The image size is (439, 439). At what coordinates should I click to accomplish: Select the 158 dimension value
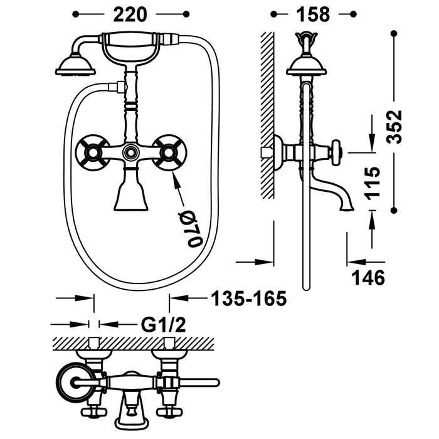(309, 14)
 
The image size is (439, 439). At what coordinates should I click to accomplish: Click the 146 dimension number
(366, 277)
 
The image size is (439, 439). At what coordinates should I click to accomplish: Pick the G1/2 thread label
(162, 325)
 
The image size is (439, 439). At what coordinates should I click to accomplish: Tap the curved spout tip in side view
(345, 204)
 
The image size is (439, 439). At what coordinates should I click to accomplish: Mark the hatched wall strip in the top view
(132, 342)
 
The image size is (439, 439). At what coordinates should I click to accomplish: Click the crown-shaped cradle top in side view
(305, 42)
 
